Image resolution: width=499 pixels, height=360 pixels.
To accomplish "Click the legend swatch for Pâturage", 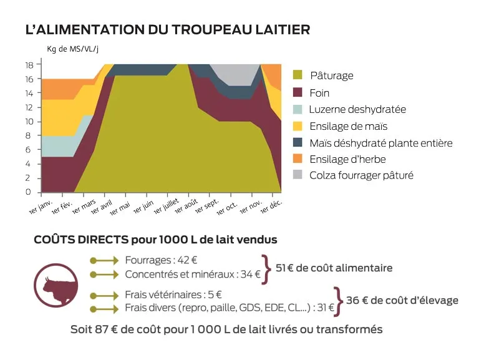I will coord(298,75).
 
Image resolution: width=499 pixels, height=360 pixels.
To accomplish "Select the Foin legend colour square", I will coord(298,92).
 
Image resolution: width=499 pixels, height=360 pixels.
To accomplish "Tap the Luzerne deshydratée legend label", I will coord(357,109).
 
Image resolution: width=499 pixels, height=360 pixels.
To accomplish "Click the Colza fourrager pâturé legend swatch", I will coord(298,175).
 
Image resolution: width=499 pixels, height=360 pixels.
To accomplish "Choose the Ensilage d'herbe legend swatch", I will coord(298,159).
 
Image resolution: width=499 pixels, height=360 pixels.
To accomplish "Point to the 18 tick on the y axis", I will coord(29,65).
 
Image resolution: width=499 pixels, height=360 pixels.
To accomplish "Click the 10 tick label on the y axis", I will coord(29,122).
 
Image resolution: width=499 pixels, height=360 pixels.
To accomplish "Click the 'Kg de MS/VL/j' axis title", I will coord(73,49).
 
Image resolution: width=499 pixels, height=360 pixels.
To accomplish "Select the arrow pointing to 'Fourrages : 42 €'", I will coord(104,260).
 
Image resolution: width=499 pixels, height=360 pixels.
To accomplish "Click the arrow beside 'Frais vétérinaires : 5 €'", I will coord(104,295).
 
